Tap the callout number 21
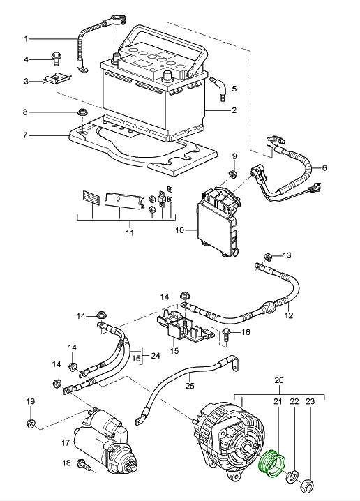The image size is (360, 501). pos(278,401)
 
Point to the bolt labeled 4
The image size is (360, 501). pos(57,59)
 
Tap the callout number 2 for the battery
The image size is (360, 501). pos(234,110)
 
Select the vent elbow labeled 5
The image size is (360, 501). pos(219,88)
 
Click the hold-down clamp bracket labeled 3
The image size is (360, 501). pos(57,80)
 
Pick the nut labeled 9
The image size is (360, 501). pos(233,174)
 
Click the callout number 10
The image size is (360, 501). pos(180,230)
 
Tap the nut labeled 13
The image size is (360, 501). pos(268,256)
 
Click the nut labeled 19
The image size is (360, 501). pos(30,424)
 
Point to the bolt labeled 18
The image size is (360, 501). pos(84,465)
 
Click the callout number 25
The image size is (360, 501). pos(190,386)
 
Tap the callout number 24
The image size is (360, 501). pos(156,356)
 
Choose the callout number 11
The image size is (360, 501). pos(130,232)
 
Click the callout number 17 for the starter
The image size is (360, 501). pos(66,443)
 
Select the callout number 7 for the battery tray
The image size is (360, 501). pos(25,135)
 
